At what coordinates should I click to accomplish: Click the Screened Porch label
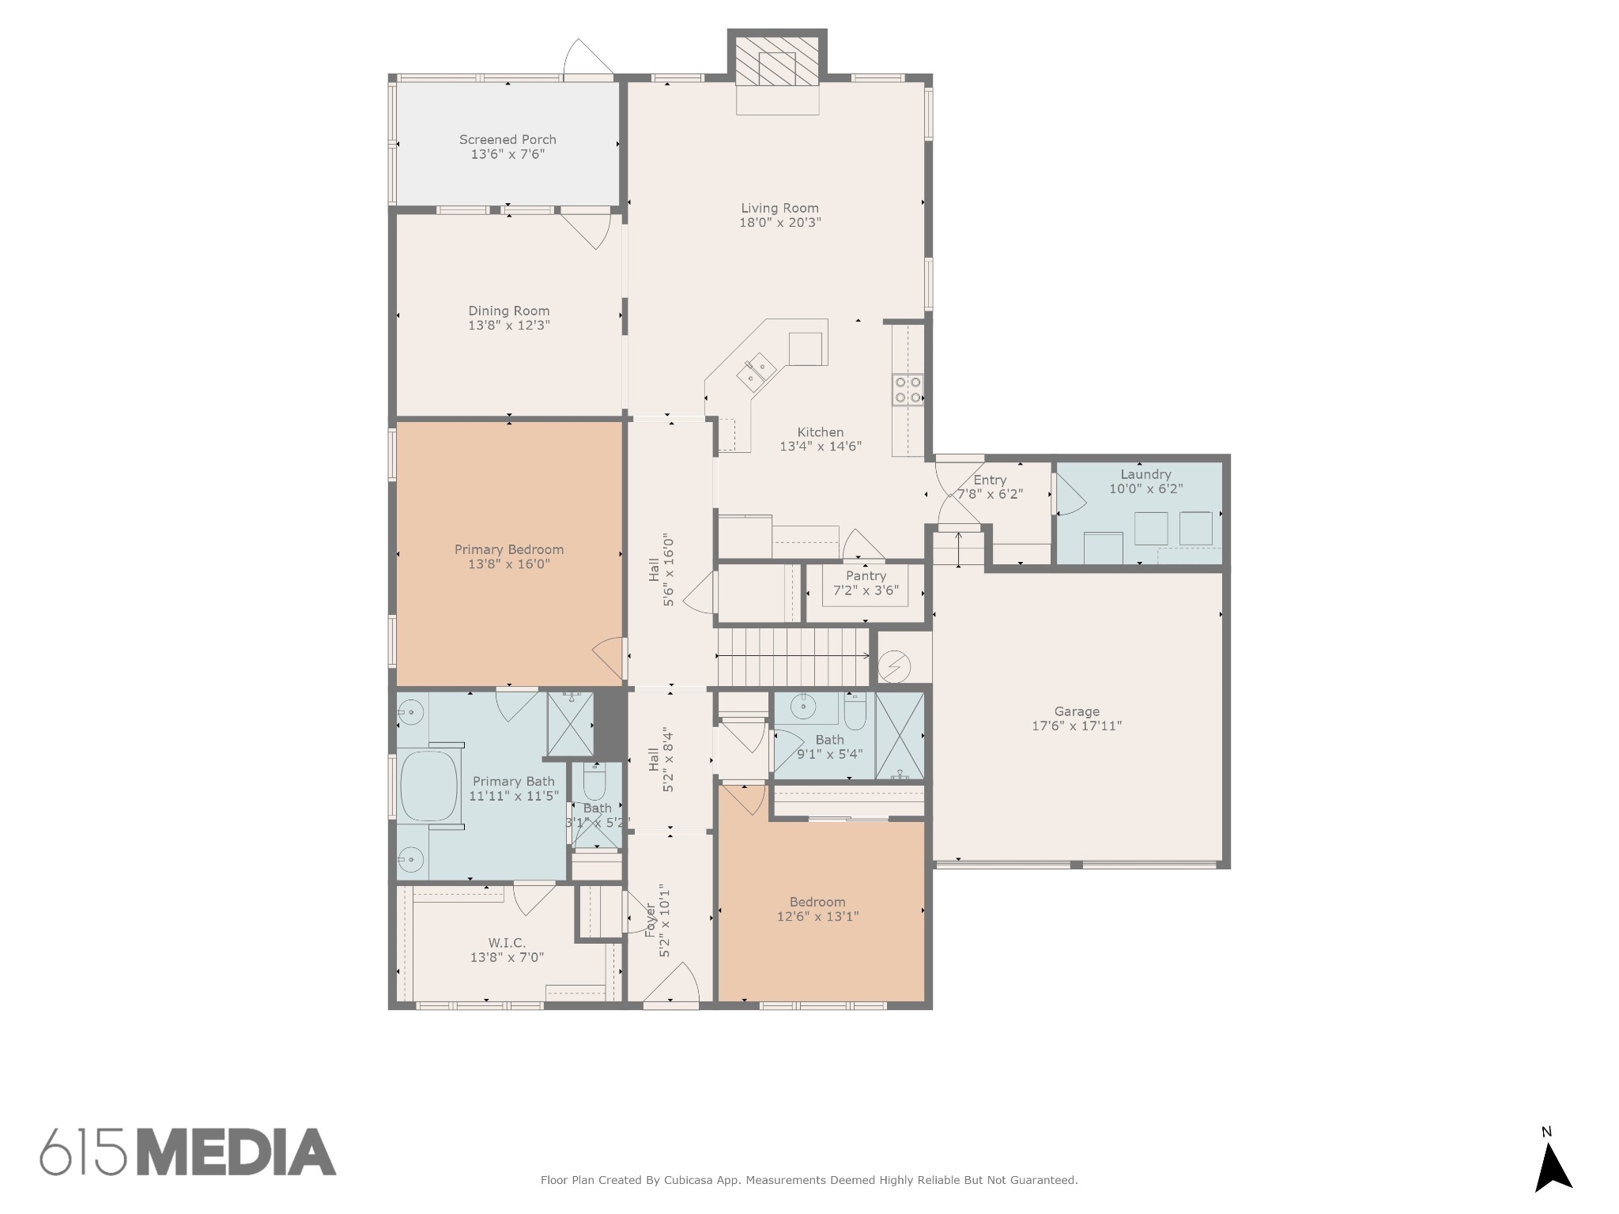tap(508, 140)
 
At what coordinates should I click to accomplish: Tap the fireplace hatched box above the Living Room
tap(777, 60)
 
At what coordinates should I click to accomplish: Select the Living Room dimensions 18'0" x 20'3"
tap(779, 223)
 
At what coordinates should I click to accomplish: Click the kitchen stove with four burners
tap(908, 390)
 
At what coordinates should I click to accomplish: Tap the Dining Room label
tap(508, 311)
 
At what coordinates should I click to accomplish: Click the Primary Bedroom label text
tap(508, 549)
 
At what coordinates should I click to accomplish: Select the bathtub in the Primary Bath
tap(430, 786)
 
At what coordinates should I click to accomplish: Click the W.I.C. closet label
tap(507, 943)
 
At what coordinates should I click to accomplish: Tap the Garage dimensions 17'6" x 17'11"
tap(1076, 726)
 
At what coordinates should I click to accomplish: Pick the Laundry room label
tap(1145, 474)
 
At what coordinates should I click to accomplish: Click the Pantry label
tap(866, 576)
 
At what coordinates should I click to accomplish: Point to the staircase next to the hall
tap(793, 656)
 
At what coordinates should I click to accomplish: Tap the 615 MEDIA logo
tap(188, 1152)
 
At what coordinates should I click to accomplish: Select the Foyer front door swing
tap(672, 984)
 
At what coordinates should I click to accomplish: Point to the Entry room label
tap(990, 480)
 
